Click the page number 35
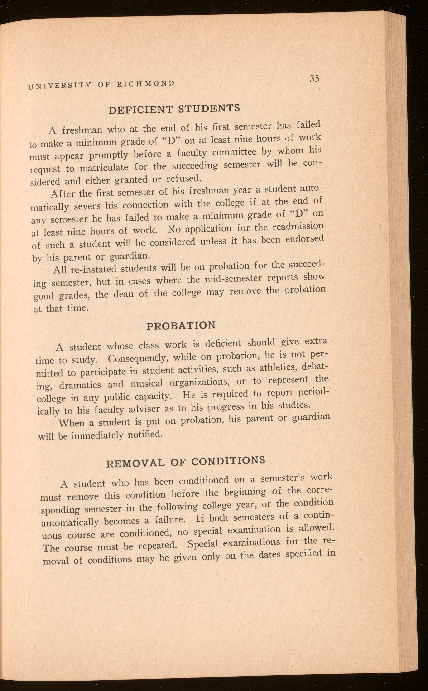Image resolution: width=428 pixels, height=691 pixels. (314, 78)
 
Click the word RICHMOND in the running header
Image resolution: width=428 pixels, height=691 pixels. (146, 83)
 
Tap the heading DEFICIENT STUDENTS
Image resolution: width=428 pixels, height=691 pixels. (174, 109)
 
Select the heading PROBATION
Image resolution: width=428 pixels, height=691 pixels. (181, 325)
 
